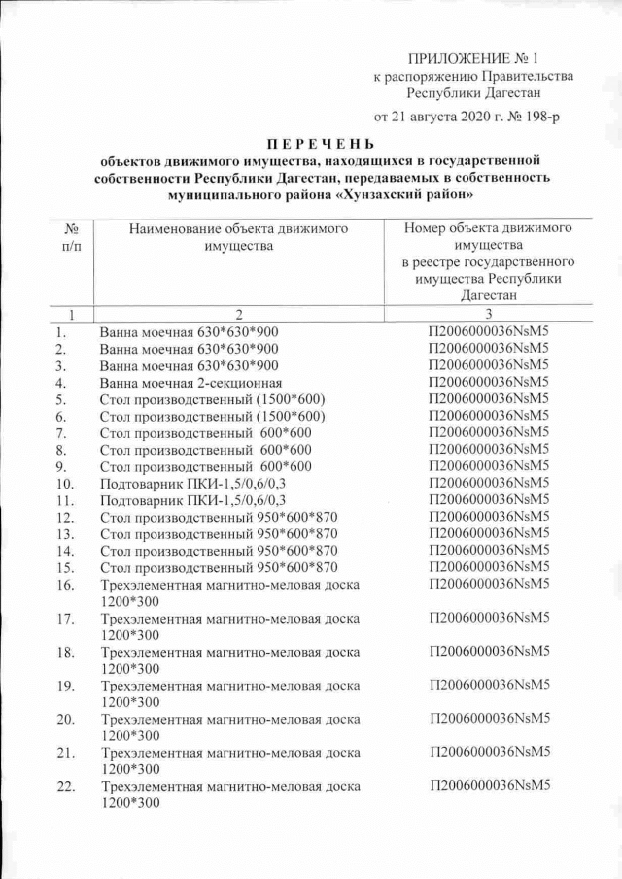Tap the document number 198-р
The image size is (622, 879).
[539, 117]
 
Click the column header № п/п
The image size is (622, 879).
[70, 238]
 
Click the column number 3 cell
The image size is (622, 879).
[489, 314]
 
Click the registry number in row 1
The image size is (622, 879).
[489, 331]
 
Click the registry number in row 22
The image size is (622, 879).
[489, 784]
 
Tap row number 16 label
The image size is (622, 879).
[65, 585]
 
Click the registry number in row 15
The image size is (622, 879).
[489, 566]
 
